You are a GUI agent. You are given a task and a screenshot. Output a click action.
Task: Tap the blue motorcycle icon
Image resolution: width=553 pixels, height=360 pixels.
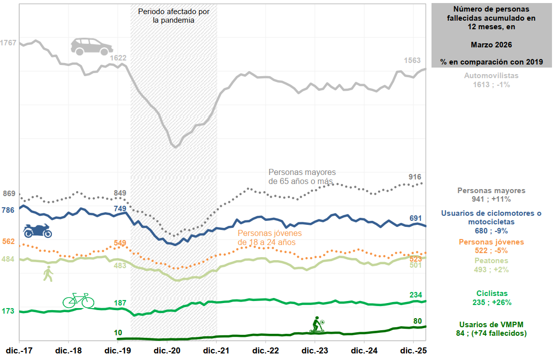pos(37,231)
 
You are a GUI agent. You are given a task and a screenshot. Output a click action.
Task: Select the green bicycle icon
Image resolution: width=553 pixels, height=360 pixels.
pos(78,301)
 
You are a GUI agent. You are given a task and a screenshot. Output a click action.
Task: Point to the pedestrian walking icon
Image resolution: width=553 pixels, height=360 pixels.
pos(48,274)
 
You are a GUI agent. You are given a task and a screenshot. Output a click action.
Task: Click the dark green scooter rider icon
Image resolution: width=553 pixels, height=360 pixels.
pos(317,325)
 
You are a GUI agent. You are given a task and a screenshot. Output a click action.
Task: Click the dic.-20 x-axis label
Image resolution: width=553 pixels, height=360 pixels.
pos(167,350)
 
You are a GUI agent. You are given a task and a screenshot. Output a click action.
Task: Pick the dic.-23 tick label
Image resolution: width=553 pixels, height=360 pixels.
pos(315,350)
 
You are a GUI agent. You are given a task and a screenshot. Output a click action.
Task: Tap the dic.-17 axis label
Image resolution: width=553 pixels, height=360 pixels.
pos(20,350)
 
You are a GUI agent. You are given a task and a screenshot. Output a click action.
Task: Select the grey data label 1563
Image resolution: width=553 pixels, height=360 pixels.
pos(412,61)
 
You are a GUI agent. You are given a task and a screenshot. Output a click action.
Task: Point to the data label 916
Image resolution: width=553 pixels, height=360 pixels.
pos(415,177)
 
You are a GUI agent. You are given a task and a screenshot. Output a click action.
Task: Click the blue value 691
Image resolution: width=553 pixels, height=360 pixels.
pos(415,218)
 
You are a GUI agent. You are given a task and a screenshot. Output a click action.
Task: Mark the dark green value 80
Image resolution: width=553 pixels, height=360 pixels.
pos(417,321)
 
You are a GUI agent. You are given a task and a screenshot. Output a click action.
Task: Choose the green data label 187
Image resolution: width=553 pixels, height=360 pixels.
pos(120,303)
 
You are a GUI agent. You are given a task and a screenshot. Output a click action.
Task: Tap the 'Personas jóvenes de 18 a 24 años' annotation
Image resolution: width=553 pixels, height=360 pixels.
pos(269,238)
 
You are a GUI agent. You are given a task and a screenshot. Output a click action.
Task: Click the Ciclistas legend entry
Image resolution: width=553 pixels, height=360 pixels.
pos(491,298)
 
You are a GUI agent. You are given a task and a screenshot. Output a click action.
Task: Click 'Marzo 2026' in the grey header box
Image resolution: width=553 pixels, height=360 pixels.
pos(491,45)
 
